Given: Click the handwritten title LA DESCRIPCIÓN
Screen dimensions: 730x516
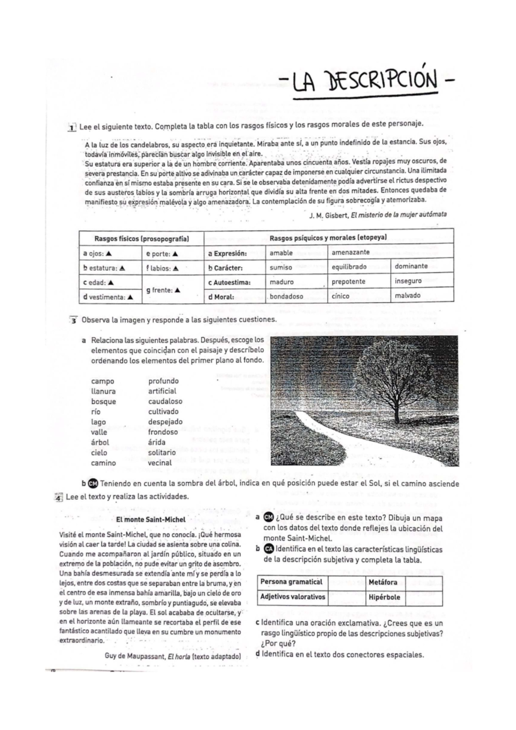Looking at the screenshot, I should click(x=365, y=82).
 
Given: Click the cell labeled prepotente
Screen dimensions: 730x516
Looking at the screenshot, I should click(x=348, y=282).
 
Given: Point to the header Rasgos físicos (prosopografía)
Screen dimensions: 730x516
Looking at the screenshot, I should click(x=141, y=239).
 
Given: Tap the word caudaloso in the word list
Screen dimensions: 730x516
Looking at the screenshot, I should click(x=165, y=401).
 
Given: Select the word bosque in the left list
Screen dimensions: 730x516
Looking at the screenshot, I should click(x=103, y=401).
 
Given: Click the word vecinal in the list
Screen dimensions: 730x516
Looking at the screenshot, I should click(x=160, y=463).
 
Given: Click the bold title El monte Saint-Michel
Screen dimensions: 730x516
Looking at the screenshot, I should click(x=150, y=519).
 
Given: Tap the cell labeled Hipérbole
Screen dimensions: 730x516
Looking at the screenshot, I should click(x=384, y=597).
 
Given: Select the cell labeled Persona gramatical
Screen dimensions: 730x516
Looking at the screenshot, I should click(x=291, y=582).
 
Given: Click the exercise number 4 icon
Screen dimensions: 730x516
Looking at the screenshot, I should click(x=59, y=497).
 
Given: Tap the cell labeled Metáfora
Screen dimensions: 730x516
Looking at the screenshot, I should click(x=383, y=582).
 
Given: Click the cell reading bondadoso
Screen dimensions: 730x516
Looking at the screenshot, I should click(x=286, y=296).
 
